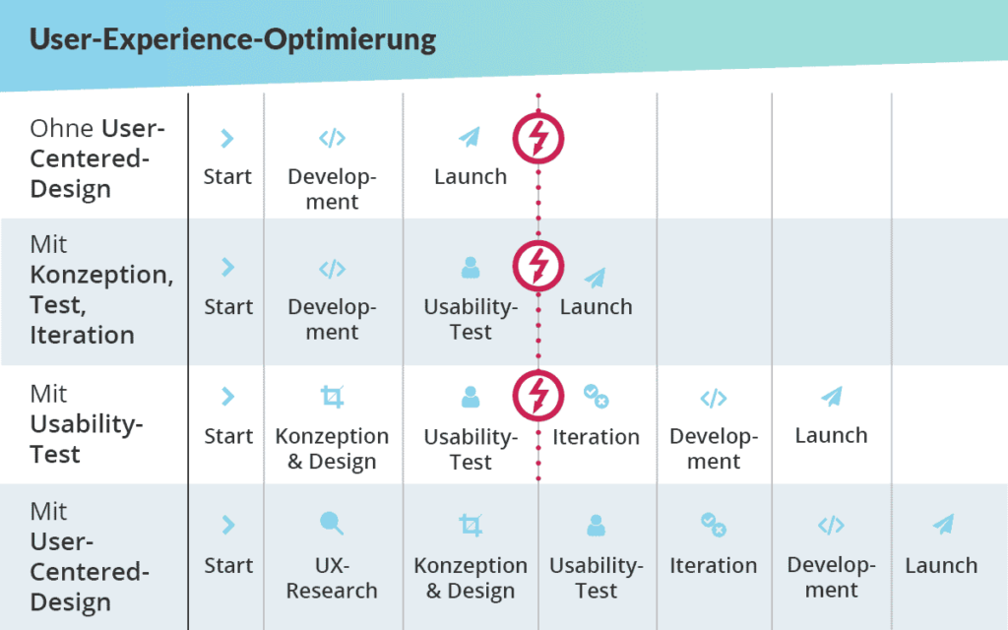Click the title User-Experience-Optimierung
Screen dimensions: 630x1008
click(x=232, y=40)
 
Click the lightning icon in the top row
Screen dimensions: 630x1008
click(x=538, y=139)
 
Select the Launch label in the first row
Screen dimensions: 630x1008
click(x=471, y=177)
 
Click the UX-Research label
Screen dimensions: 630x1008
click(x=332, y=578)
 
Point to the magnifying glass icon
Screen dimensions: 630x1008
click(x=332, y=524)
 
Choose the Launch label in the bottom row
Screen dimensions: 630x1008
click(x=941, y=566)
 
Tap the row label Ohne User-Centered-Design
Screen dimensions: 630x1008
click(x=97, y=157)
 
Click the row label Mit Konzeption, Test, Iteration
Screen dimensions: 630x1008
click(x=101, y=289)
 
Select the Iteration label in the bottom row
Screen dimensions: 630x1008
click(x=713, y=566)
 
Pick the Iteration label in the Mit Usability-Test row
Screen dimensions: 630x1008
click(x=596, y=437)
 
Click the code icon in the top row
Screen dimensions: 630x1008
click(x=332, y=139)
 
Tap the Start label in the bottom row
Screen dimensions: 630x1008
click(x=228, y=566)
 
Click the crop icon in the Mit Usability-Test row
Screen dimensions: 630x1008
click(x=332, y=397)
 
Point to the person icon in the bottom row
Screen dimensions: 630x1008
click(x=596, y=525)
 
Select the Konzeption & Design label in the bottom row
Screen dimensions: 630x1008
click(x=471, y=578)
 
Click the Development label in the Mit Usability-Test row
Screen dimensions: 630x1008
click(x=713, y=449)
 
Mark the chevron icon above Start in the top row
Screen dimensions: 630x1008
click(x=227, y=139)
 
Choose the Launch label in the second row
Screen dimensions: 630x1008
click(x=596, y=307)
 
